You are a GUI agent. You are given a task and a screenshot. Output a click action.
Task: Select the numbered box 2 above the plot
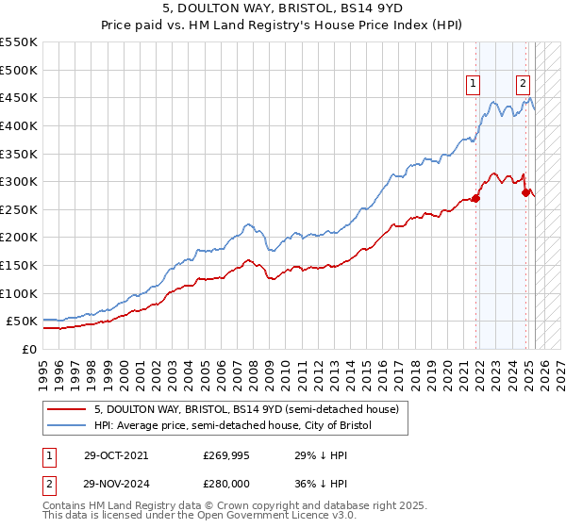522,82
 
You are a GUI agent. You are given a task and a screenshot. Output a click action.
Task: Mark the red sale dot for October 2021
476,198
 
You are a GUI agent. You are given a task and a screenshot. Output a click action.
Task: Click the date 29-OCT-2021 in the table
115,455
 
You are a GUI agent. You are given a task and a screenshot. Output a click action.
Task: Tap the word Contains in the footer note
65,507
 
